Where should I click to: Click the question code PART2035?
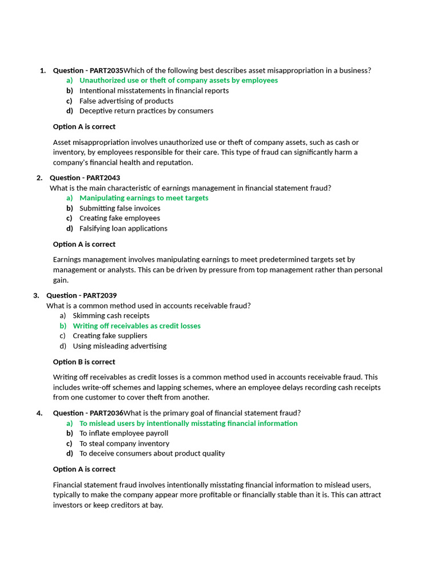point(106,70)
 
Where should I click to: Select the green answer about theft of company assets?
point(178,81)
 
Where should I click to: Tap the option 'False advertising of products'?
point(126,101)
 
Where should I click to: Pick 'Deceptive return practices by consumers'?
point(146,111)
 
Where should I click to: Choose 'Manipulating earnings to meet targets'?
point(143,198)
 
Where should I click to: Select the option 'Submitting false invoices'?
point(119,208)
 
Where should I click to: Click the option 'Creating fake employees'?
point(119,218)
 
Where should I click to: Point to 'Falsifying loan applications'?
point(123,228)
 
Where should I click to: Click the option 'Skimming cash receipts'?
point(111,315)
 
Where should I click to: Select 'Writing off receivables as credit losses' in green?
point(137,326)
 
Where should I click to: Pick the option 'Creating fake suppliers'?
point(110,336)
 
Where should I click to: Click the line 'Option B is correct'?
point(84,362)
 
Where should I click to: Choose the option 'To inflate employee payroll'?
point(123,433)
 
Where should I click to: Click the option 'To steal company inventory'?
point(124,444)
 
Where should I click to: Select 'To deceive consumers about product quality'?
point(152,453)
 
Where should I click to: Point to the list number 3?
point(36,295)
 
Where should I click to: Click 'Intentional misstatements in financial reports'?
point(154,90)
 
